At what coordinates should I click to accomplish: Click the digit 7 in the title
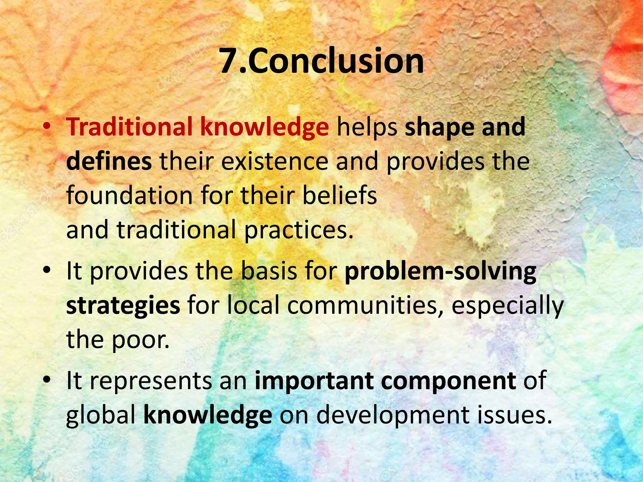[x=231, y=61]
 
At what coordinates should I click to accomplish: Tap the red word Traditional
[x=129, y=127]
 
